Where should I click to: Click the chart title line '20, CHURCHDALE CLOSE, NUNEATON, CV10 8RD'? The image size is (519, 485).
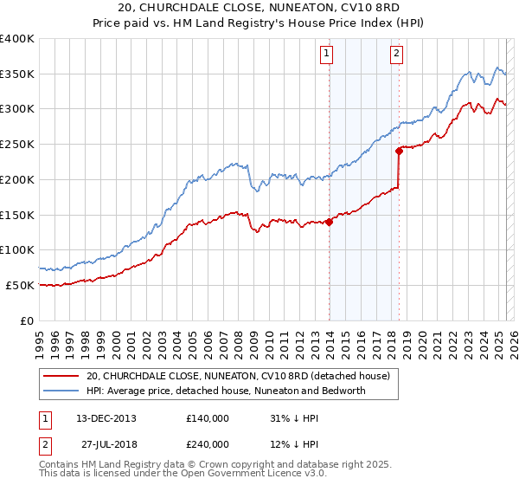259,10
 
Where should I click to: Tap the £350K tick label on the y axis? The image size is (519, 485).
17,74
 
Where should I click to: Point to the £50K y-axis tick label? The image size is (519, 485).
20,285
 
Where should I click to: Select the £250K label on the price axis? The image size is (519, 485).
17,145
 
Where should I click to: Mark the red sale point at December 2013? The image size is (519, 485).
330,222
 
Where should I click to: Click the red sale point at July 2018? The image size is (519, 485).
399,151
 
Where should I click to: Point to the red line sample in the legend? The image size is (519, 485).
61,376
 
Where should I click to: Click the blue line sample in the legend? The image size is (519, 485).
61,391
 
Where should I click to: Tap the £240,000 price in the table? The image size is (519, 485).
208,443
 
